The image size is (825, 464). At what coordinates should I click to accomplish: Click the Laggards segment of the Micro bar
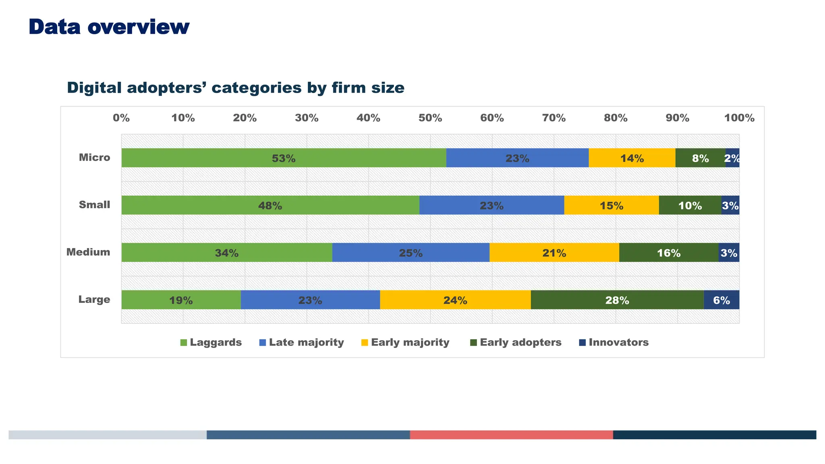[x=284, y=158]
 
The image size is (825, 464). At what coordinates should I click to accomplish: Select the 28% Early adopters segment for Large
[x=617, y=300]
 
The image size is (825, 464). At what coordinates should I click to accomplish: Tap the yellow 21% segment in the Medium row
[x=554, y=253]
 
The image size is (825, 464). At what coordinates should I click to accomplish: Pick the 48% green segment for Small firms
[x=270, y=205]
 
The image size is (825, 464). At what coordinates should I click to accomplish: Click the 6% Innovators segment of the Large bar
[x=721, y=300]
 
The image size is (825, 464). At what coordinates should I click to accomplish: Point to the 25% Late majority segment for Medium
[x=410, y=253]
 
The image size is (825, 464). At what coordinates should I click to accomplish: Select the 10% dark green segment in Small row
[x=690, y=205]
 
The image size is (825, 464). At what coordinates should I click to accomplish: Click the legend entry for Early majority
[x=405, y=342]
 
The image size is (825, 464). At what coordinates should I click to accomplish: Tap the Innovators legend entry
[x=614, y=342]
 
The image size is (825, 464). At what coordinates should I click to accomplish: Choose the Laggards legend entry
[x=211, y=342]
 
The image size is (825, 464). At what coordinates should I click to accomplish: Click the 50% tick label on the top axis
[x=430, y=118]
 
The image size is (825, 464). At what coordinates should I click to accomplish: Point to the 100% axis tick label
[x=739, y=118]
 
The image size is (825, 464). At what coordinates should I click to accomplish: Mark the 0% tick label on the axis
[x=121, y=118]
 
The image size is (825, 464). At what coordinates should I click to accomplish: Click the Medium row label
[x=88, y=252]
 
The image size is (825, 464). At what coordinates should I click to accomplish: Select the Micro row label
[x=94, y=157]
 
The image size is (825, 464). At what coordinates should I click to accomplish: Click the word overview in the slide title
[x=138, y=27]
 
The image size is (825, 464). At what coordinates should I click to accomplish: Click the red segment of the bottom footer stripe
[x=511, y=435]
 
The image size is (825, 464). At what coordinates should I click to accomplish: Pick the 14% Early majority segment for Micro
[x=632, y=158]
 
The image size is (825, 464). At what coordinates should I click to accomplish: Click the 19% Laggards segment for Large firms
[x=181, y=300]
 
